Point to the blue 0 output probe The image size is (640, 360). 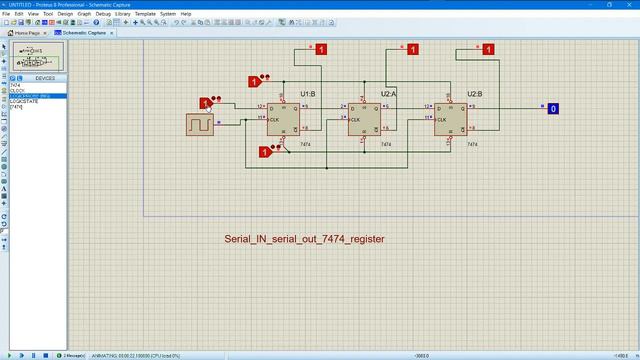point(553,108)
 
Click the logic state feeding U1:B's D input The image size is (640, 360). point(205,103)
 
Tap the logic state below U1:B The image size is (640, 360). point(265,152)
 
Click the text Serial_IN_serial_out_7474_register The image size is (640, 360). point(304,240)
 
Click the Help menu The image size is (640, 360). point(186,13)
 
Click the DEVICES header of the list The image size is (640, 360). point(45,76)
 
